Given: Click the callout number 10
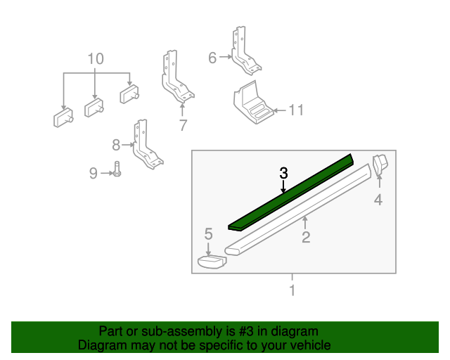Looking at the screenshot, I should point(95,58).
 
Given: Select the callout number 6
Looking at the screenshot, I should point(212,58).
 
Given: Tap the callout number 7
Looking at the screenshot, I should point(183,126).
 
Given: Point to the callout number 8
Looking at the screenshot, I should point(116,146).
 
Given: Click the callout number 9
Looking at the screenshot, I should point(94,172).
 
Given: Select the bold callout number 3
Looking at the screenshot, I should point(283,173).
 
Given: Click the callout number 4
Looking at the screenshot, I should point(378,200).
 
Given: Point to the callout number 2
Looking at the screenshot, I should point(306,238).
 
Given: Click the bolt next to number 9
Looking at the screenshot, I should point(117,171).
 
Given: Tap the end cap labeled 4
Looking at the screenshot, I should point(380,165).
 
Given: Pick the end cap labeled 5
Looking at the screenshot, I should point(210,262).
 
